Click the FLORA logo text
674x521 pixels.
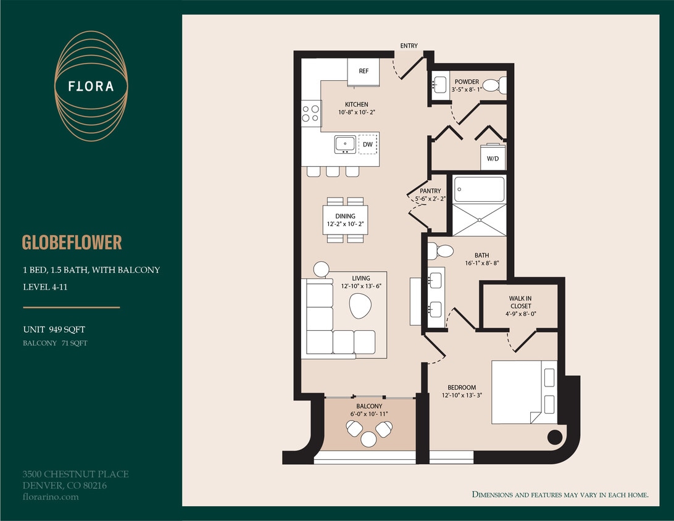[x=91, y=86]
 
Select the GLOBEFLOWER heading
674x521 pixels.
[x=72, y=242]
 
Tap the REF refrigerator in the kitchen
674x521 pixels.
[x=364, y=70]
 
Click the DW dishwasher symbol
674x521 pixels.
[x=367, y=144]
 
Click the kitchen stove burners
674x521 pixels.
[x=310, y=114]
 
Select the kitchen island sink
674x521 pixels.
[x=345, y=144]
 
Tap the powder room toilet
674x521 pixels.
[x=494, y=85]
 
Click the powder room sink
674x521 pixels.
[x=441, y=85]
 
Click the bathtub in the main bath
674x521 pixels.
[x=480, y=189]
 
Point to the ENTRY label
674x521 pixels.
[x=409, y=46]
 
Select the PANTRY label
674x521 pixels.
[x=430, y=191]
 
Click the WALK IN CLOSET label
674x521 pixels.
[x=520, y=302]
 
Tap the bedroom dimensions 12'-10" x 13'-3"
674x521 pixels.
[x=462, y=396]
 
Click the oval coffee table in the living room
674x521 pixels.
[x=360, y=306]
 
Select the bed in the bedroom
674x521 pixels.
[x=524, y=392]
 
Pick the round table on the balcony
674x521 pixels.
[x=368, y=438]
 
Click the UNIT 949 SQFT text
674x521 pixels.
[x=54, y=330]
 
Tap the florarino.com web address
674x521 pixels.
[x=51, y=496]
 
